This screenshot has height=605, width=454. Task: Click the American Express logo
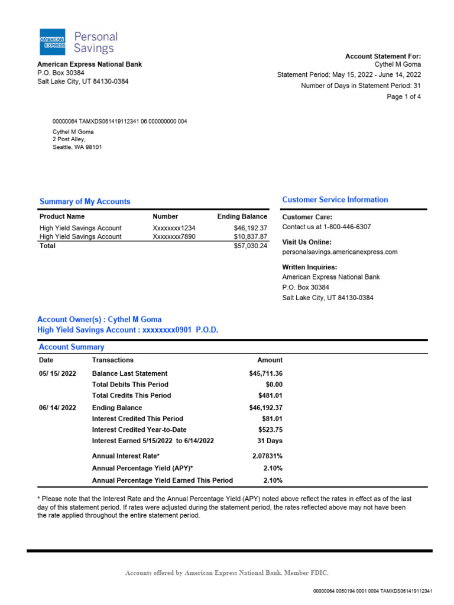point(52,42)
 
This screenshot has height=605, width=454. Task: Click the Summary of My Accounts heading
point(85,201)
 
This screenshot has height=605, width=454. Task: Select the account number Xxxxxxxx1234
point(174,228)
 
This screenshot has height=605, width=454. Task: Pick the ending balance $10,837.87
point(251,237)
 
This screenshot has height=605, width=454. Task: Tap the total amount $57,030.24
point(251,246)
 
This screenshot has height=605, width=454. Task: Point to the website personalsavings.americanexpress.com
point(340,252)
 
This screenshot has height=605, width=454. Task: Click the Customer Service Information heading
point(335,200)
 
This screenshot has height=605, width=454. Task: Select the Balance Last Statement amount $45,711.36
point(265,373)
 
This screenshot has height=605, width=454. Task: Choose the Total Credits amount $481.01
point(270,395)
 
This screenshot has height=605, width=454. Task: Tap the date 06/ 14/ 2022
point(57,408)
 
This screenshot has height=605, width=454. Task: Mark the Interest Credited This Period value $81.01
point(272,419)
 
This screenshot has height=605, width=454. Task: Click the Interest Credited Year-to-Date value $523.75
point(270,430)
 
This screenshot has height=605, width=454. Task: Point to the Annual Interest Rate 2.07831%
point(267,456)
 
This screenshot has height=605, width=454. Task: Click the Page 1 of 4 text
point(404,97)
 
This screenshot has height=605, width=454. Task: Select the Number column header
point(166,217)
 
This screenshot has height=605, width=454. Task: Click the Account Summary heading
point(72,347)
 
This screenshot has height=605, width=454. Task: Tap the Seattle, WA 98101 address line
point(77,147)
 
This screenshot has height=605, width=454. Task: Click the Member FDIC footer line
point(227,573)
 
